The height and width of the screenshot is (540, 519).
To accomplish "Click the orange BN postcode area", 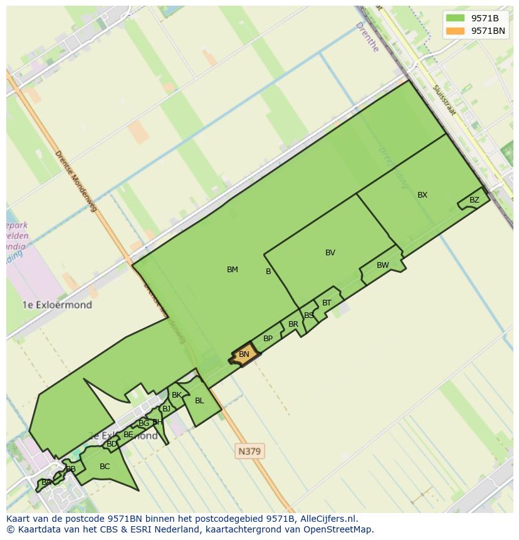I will click(244, 354).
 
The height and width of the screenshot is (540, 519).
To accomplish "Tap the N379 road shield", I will click(249, 451).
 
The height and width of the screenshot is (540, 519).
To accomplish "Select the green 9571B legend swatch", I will click(456, 18).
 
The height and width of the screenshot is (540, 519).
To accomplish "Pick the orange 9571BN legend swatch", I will click(456, 31).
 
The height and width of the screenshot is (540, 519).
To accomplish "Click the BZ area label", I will click(474, 200).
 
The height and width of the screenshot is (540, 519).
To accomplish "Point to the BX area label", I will click(422, 195).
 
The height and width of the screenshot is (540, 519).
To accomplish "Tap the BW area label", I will click(382, 265).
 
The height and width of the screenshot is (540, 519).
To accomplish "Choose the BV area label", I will click(330, 253).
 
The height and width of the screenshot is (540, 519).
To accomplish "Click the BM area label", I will click(233, 270).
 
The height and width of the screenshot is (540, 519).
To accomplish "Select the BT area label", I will click(327, 303).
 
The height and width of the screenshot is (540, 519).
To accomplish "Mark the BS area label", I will click(308, 315).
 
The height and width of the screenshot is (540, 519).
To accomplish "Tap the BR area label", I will click(293, 324).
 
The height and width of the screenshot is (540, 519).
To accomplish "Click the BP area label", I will click(268, 339).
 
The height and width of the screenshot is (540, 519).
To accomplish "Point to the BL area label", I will click(199, 401).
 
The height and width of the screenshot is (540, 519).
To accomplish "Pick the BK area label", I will click(176, 395).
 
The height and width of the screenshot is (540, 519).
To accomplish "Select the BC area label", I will click(105, 467).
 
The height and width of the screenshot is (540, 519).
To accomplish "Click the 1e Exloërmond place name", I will click(57, 305).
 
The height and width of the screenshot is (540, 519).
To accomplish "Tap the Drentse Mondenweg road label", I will click(76, 181).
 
